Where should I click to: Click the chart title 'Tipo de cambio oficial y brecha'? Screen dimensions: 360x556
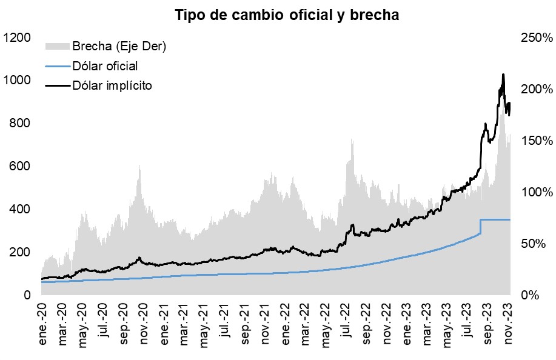(x=287, y=15)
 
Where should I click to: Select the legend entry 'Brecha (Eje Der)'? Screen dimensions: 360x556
(x=119, y=46)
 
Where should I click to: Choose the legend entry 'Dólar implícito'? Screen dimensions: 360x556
(x=112, y=85)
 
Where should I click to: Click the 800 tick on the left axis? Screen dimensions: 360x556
(x=20, y=123)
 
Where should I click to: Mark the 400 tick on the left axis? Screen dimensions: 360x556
(x=20, y=209)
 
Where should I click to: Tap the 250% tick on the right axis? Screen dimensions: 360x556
(x=535, y=38)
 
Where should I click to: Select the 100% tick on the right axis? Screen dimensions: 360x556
(x=535, y=192)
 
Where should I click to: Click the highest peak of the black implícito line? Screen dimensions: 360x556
(x=503, y=75)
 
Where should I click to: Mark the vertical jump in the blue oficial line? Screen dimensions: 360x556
(x=480, y=226)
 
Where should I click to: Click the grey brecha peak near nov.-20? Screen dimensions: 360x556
(x=139, y=165)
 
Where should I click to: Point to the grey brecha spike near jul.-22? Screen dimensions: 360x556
(x=352, y=140)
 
